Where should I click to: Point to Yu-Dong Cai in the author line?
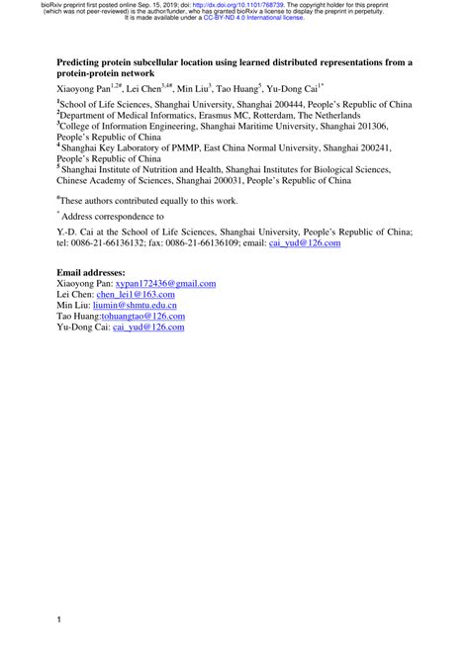291,88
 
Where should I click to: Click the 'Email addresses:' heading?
91,271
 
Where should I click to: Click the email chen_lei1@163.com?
137,295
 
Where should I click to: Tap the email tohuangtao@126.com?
143,318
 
